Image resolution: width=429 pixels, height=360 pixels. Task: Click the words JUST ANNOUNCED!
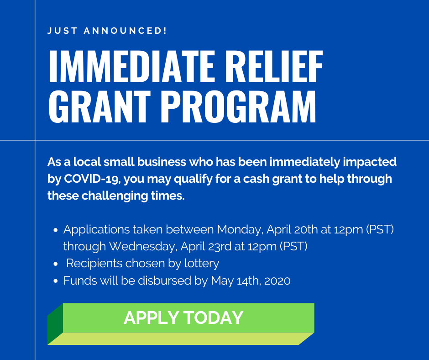tap(107, 31)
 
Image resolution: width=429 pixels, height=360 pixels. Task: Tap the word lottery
tap(200, 264)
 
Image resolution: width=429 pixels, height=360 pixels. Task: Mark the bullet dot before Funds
tap(56, 281)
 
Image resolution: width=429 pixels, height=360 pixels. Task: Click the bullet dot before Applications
tap(56, 230)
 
